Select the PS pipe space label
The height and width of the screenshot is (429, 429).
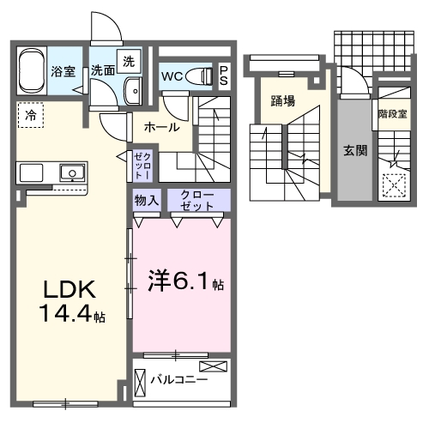click(223, 76)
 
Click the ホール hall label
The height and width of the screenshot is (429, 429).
click(161, 127)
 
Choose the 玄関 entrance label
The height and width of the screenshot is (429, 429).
click(355, 150)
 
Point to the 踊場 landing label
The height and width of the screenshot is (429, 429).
click(282, 101)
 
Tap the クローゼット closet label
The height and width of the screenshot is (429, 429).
click(197, 201)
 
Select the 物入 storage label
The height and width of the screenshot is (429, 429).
click(146, 201)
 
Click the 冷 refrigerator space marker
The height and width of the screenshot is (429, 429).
click(31, 112)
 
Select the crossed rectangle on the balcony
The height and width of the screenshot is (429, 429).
click(215, 366)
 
